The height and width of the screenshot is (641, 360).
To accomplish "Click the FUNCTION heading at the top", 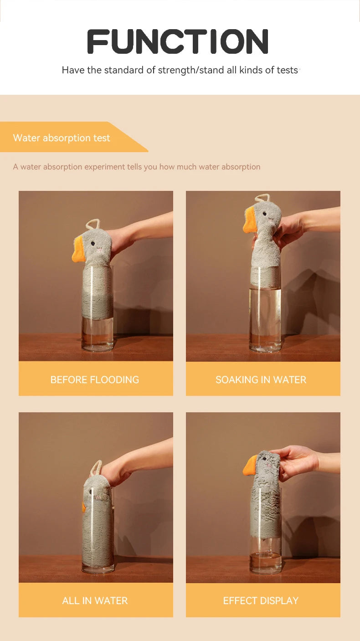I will pos(178,41).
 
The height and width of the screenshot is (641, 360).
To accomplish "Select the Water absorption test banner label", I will pos(62,138).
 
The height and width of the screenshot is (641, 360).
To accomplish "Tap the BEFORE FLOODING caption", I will pos(95,379).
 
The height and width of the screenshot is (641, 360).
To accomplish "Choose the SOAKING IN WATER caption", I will pos(261,379).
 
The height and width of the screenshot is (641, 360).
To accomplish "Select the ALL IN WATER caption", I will pos(95,600).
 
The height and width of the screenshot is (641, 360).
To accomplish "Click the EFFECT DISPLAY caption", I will pos(261,600).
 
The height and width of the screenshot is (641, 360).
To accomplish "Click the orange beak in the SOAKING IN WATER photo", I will pos(250,223).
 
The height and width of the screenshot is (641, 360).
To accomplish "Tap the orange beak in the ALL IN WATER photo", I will pos(84,507).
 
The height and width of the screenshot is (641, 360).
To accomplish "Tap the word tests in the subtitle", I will pos(287,70).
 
